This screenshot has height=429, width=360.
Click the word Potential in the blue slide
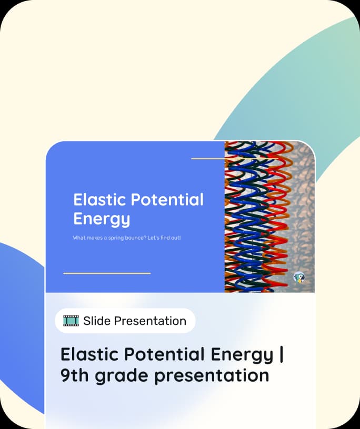167,199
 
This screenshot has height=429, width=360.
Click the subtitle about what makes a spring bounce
127,238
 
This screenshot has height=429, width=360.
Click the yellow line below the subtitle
107,273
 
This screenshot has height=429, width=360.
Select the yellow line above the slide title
235,158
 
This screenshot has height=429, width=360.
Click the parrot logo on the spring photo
299,278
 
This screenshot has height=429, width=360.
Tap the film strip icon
71,321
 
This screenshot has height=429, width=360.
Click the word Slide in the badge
97,321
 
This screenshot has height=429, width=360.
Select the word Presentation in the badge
150,321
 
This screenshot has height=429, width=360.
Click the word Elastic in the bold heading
90,354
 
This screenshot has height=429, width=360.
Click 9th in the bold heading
75,375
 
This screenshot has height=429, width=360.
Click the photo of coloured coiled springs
269,217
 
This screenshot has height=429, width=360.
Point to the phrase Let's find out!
164,238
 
